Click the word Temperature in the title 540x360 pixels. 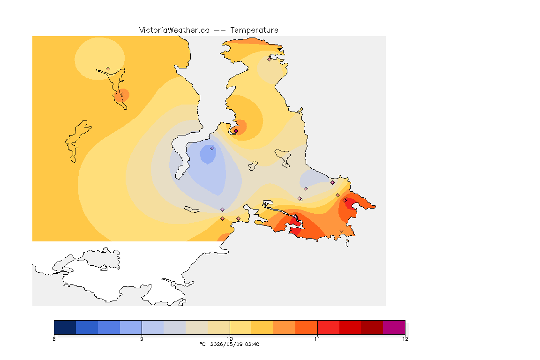click(x=254, y=30)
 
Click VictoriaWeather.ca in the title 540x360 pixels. click(x=174, y=30)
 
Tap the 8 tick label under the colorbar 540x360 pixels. click(x=54, y=339)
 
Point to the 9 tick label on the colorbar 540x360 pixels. click(x=142, y=339)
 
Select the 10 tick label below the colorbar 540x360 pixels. click(x=230, y=339)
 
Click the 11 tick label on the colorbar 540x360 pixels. click(x=317, y=339)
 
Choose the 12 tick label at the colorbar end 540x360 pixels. click(x=405, y=339)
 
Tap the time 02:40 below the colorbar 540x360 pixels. click(x=252, y=344)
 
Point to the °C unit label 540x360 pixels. click(x=202, y=344)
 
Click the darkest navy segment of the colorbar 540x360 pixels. click(x=65, y=327)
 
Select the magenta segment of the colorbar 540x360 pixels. click(x=394, y=327)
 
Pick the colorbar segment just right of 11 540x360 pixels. click(x=328, y=327)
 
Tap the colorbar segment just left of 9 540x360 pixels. click(x=131, y=327)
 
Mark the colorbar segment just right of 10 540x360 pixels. click(x=240, y=327)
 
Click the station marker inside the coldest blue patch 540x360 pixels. click(x=212, y=149)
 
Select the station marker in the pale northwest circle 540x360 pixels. click(x=108, y=69)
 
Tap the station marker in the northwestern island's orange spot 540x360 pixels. click(x=122, y=94)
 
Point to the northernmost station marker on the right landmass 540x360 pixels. click(x=270, y=59)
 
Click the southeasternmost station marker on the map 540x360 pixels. click(x=341, y=231)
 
